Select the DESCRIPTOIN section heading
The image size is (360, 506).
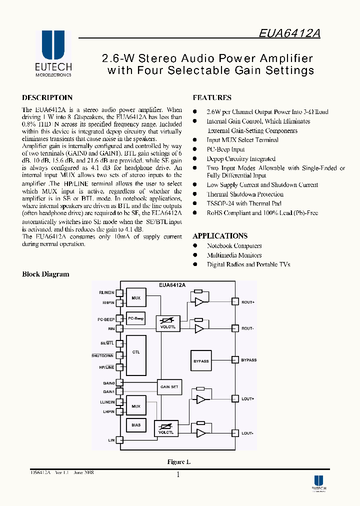point(47,98)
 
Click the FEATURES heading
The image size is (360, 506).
point(212,98)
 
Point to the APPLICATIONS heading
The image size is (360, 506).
point(220,236)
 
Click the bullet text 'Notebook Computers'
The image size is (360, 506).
point(234,245)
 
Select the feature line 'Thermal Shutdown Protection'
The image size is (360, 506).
point(245,194)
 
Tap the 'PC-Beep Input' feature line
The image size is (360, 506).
point(225,149)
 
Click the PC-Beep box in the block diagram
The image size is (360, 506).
point(135,318)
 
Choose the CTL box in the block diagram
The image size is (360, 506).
point(135,352)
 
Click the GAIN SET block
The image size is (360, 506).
point(169,386)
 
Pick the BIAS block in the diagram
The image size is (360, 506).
point(135,425)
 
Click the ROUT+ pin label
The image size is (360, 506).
point(248,301)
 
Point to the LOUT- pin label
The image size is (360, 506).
point(247,433)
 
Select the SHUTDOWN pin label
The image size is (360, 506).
point(102,355)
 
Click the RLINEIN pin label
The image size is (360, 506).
point(106,292)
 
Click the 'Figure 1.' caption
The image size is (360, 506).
point(178,462)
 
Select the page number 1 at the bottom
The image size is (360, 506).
point(178,475)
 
